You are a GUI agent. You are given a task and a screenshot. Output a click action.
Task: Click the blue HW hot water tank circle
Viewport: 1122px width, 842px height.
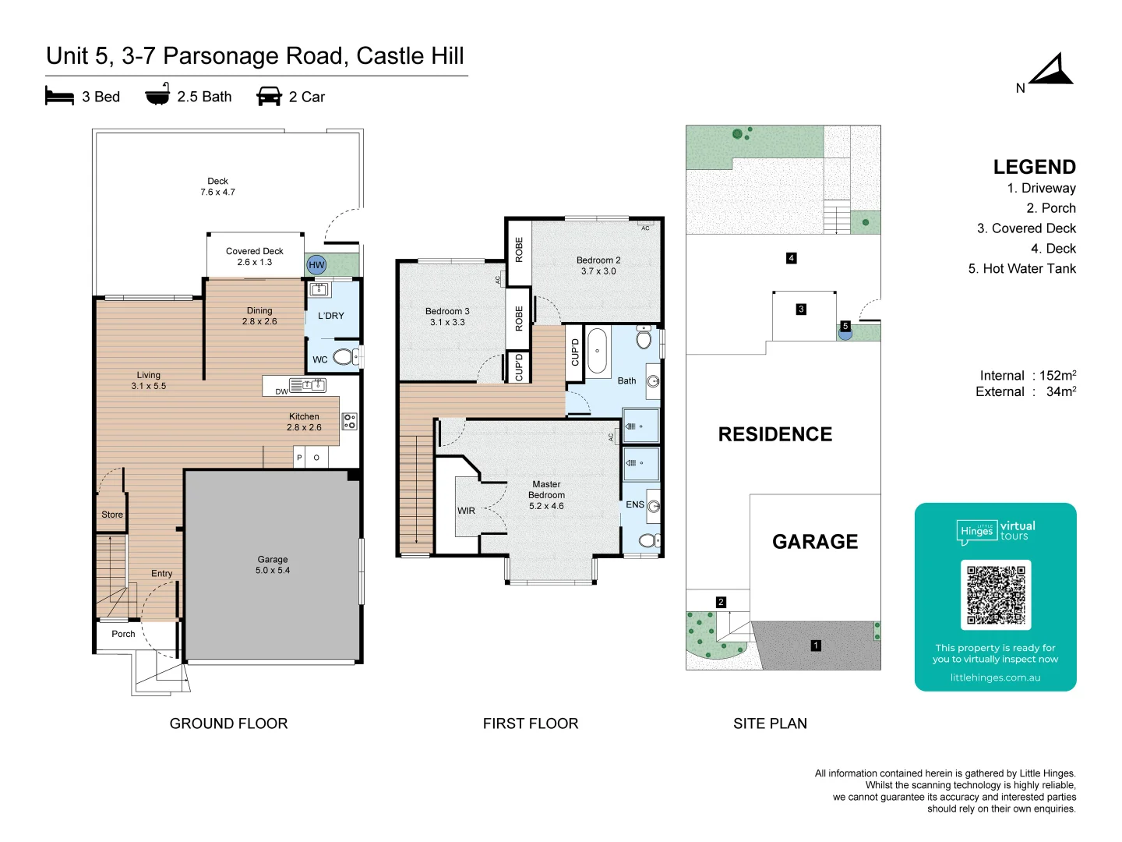coord(316,265)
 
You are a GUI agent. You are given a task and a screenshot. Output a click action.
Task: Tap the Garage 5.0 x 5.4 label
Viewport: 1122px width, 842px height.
coord(273,564)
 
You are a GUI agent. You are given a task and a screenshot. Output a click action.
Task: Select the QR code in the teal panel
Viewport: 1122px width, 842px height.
coord(995,595)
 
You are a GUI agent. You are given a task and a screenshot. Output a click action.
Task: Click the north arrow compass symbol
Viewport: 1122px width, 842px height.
coord(1052,71)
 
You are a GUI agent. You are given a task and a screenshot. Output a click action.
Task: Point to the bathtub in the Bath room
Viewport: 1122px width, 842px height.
coord(598,351)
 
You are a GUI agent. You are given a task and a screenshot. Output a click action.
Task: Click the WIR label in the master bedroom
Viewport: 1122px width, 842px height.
coord(466,511)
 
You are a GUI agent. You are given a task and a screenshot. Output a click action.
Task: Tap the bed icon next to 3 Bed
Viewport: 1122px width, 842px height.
coord(59,97)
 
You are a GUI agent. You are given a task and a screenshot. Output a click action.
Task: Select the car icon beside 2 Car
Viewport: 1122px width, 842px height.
coord(269,97)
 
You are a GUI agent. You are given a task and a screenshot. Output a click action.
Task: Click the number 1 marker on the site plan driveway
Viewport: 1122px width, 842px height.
coord(816,646)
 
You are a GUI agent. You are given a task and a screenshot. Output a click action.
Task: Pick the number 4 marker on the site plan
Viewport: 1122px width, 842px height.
coord(791,258)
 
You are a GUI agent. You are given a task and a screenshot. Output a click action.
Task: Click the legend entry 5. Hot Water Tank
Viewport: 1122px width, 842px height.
coord(1021,269)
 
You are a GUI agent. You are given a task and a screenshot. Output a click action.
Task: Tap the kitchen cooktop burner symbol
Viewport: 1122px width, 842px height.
coord(350,422)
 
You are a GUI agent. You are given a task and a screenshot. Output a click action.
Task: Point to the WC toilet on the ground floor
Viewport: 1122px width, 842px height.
coord(343,358)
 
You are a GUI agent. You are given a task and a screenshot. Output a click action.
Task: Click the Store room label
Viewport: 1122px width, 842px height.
coord(112,515)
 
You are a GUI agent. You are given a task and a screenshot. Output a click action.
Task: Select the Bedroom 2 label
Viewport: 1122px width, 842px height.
coord(598,266)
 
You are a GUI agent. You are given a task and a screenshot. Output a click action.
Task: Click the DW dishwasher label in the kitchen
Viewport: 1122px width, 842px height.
coord(281,391)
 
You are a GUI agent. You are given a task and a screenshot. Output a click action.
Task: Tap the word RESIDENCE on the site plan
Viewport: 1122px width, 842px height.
coord(774,434)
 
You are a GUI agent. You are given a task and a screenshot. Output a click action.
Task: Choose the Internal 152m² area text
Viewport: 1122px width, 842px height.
coord(1028,376)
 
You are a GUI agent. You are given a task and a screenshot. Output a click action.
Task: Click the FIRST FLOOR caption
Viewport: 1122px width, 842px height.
coord(531,723)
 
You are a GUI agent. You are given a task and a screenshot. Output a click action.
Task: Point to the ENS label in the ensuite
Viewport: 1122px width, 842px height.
coord(635,504)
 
